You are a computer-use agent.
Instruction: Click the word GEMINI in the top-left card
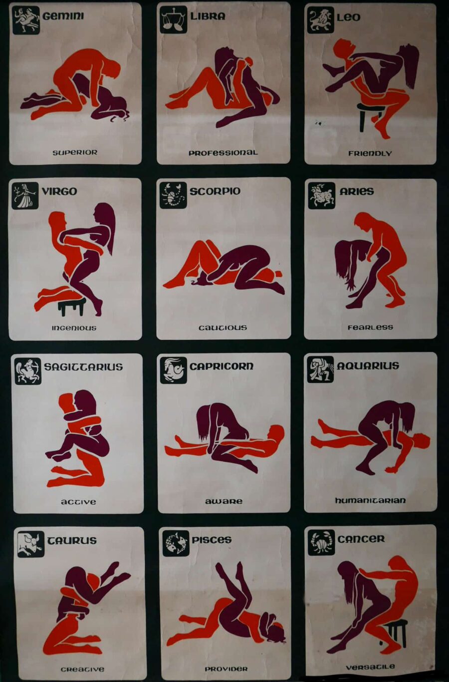(x=63, y=16)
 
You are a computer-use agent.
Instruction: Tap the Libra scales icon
(x=174, y=19)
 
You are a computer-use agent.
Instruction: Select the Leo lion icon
(x=320, y=20)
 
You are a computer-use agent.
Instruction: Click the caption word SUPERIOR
(x=75, y=153)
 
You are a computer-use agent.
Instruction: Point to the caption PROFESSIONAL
(x=223, y=153)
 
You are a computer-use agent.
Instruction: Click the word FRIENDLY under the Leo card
(x=370, y=153)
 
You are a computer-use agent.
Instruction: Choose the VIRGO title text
(x=59, y=192)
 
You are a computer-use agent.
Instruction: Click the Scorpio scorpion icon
(x=173, y=196)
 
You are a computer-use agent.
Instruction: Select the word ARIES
(x=357, y=192)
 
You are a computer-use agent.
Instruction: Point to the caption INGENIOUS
(x=74, y=328)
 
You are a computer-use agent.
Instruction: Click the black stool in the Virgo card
(x=72, y=307)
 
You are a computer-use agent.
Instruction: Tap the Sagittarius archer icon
(x=27, y=371)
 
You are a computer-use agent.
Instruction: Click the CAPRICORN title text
(x=222, y=366)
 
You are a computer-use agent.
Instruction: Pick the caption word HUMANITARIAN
(x=371, y=501)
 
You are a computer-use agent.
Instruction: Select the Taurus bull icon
(x=31, y=544)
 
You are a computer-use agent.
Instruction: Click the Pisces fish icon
(x=176, y=544)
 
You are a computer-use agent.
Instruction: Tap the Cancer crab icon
(x=321, y=543)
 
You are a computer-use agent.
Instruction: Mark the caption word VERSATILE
(x=371, y=668)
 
